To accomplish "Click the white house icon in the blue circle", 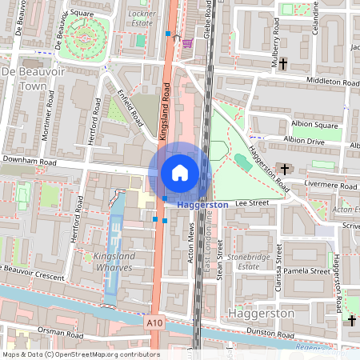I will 180,172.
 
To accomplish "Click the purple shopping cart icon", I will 187,42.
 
